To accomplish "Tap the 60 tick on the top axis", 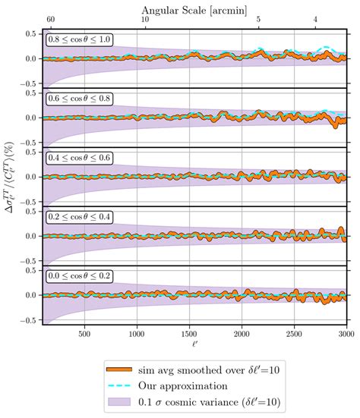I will click(x=50, y=17).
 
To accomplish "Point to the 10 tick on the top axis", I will click(x=145, y=17).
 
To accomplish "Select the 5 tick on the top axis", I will click(x=259, y=17).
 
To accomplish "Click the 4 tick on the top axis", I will click(x=316, y=17).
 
